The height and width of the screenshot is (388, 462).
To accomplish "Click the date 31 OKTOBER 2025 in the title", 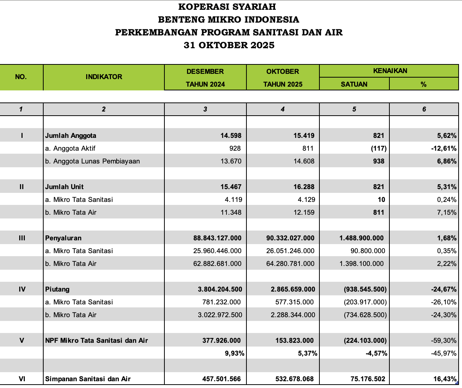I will [x=229, y=45].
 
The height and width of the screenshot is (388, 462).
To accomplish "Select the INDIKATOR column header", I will [x=104, y=77].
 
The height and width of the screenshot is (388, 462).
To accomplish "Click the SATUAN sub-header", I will [x=354, y=84].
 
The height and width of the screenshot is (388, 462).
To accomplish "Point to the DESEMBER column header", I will [x=205, y=72].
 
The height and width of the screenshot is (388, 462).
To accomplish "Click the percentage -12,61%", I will [x=444, y=148].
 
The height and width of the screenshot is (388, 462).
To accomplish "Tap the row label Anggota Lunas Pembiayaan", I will [x=93, y=161].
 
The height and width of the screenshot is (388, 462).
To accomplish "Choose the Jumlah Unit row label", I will [x=64, y=187].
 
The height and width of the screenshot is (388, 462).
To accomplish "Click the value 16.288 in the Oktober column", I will [x=304, y=187].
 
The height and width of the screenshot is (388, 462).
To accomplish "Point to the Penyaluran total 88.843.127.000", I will [x=217, y=238].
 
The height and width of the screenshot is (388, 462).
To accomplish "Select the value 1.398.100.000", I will [x=362, y=264].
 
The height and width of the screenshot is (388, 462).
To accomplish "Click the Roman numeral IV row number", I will [x=22, y=289].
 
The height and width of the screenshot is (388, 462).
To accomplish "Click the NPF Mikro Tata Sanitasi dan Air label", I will [x=96, y=341].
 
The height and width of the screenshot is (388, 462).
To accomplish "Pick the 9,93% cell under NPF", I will [x=234, y=353].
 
